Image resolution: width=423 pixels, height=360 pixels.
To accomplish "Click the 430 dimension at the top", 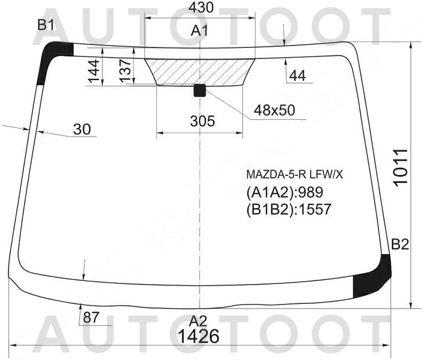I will [x=200, y=8].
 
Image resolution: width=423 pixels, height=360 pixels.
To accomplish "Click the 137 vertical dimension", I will [x=125, y=70].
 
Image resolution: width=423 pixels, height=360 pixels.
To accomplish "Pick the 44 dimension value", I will [x=297, y=75].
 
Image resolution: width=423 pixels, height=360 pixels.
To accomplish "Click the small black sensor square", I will [x=200, y=90].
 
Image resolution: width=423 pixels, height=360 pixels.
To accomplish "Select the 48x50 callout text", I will [x=274, y=110].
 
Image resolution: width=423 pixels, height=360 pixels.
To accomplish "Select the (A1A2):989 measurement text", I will [x=284, y=192].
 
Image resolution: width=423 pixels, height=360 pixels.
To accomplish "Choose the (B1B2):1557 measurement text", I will [x=288, y=209].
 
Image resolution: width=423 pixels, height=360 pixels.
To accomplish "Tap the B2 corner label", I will [x=400, y=244].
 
